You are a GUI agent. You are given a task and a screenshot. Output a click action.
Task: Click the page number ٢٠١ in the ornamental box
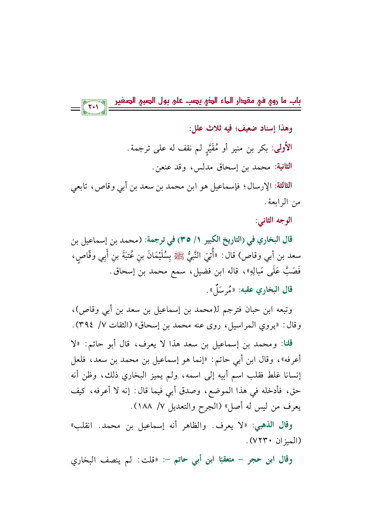point(94,106)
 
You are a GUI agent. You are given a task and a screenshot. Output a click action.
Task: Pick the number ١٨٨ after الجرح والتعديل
point(145,408)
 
